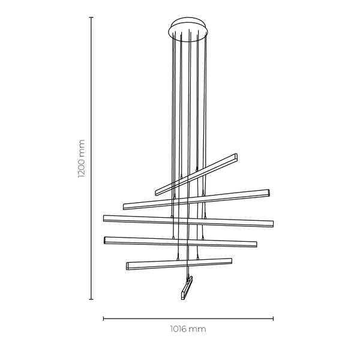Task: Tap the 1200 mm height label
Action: click(82, 159)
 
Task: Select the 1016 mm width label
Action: click(188, 330)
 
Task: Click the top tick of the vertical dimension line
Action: click(91, 17)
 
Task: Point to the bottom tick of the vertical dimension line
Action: click(91, 298)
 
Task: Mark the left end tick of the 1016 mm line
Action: click(104, 319)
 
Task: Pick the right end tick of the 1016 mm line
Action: click(274, 319)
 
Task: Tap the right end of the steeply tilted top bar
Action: click(236, 157)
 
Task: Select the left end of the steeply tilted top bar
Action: click(157, 193)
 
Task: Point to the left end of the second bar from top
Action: click(125, 206)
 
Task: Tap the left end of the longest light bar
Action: click(105, 217)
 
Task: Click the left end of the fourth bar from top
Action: click(106, 239)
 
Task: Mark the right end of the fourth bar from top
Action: click(256, 244)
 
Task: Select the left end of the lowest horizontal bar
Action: click(128, 265)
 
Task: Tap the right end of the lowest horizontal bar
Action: click(230, 260)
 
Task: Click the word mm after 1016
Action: click(199, 330)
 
